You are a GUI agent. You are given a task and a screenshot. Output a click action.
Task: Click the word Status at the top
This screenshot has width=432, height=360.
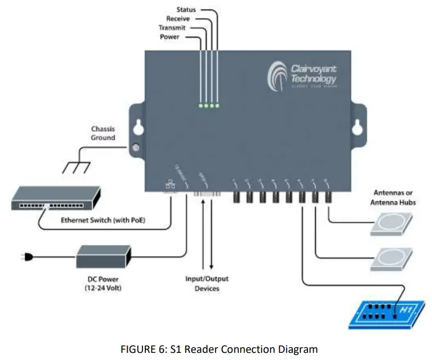(x=186, y=9)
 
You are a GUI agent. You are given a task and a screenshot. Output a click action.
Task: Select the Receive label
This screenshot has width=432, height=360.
(x=178, y=19)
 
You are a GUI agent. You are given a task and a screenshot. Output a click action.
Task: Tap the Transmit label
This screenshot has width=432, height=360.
(x=172, y=27)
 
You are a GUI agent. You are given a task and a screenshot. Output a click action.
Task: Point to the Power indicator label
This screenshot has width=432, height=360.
(x=169, y=37)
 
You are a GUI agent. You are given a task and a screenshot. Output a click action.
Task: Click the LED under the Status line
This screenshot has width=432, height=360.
(x=217, y=105)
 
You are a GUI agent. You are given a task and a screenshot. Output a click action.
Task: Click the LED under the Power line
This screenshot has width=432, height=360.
(x=201, y=105)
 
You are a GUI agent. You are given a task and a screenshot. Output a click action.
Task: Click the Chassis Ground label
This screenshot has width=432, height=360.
(x=103, y=133)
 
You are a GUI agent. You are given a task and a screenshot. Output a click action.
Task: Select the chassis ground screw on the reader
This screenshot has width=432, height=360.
(x=134, y=148)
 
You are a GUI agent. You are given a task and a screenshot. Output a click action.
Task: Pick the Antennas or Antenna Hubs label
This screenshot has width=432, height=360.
(x=394, y=197)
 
